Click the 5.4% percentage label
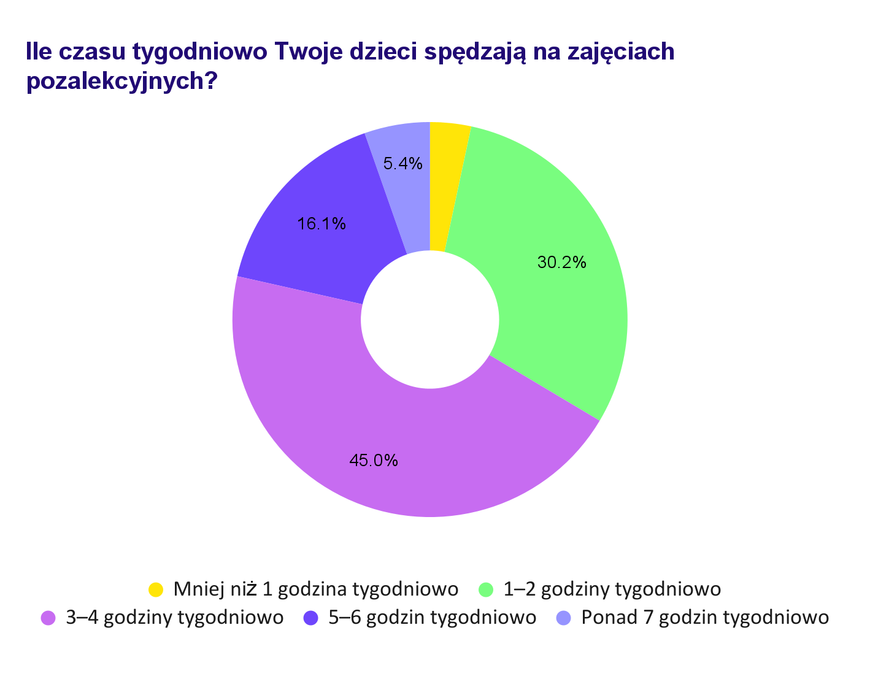[x=402, y=163]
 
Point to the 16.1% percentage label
[x=321, y=224]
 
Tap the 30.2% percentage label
[x=561, y=263]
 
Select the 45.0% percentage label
[x=373, y=460]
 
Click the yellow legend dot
[x=156, y=589]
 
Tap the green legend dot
[x=486, y=589]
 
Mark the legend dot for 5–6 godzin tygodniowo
[x=311, y=618]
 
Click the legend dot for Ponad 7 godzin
[x=564, y=618]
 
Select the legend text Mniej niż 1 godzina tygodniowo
[x=316, y=589]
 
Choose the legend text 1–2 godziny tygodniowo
[x=612, y=589]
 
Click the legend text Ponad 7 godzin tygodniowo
[x=705, y=618]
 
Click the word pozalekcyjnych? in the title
[x=122, y=81]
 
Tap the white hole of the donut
[x=429, y=320]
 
